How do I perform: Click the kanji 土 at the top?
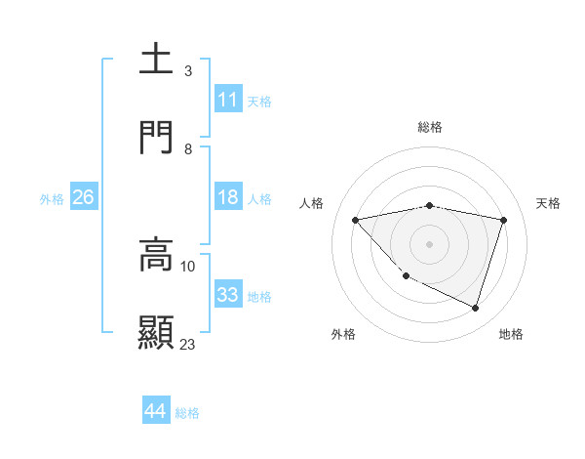(x=156, y=60)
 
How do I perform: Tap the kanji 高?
(x=156, y=254)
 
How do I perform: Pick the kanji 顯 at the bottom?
(x=156, y=332)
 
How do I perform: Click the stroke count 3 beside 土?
(x=188, y=71)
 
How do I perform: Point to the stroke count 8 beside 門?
(x=188, y=149)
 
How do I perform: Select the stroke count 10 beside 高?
(x=188, y=266)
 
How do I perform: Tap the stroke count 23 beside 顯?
(x=188, y=344)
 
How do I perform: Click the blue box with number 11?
(x=228, y=100)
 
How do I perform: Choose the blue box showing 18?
(x=228, y=197)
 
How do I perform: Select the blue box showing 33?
(x=228, y=295)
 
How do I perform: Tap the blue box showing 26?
(x=84, y=197)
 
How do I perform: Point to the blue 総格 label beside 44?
(x=187, y=413)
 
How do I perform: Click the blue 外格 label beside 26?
(x=52, y=199)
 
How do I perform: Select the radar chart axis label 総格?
(x=430, y=127)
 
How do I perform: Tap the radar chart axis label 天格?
(x=549, y=203)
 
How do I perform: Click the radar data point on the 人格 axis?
(x=356, y=220)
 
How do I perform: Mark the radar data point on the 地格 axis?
(x=475, y=308)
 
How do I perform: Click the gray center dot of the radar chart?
(x=429, y=243)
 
